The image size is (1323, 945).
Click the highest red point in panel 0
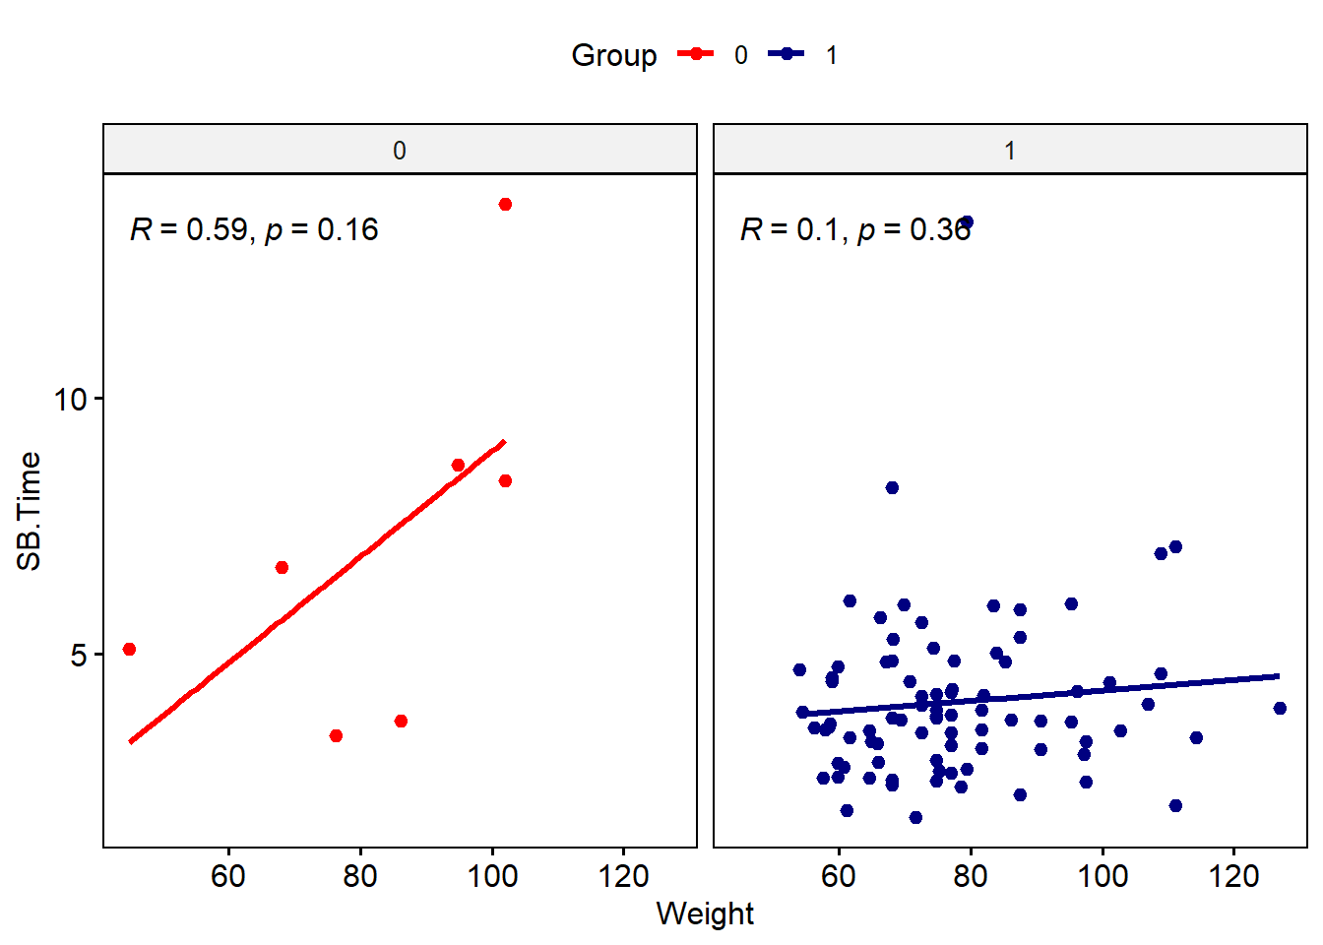[x=505, y=204]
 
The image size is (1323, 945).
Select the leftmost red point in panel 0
[x=129, y=649]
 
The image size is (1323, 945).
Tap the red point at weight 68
[x=282, y=567]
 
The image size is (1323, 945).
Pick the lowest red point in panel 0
[x=336, y=735]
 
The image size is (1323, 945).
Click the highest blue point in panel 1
[x=967, y=222]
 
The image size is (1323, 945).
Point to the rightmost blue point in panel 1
[x=1280, y=708]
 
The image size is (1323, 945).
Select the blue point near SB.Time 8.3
[x=892, y=487]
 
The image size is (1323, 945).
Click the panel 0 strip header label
[x=399, y=151]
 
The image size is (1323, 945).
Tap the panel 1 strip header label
[x=1010, y=151]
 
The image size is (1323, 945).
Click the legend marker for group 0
[x=695, y=54]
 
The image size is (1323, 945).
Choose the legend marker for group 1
[x=787, y=54]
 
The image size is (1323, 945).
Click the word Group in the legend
[x=613, y=55]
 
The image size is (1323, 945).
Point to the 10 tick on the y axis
[x=71, y=399]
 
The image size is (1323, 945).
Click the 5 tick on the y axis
[x=79, y=655]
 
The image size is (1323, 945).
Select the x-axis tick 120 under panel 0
[x=623, y=875]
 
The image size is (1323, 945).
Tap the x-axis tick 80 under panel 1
[x=971, y=875]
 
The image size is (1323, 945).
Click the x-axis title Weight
[x=705, y=913]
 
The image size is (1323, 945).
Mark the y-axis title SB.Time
[x=30, y=510]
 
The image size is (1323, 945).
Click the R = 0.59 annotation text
[x=254, y=229]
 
